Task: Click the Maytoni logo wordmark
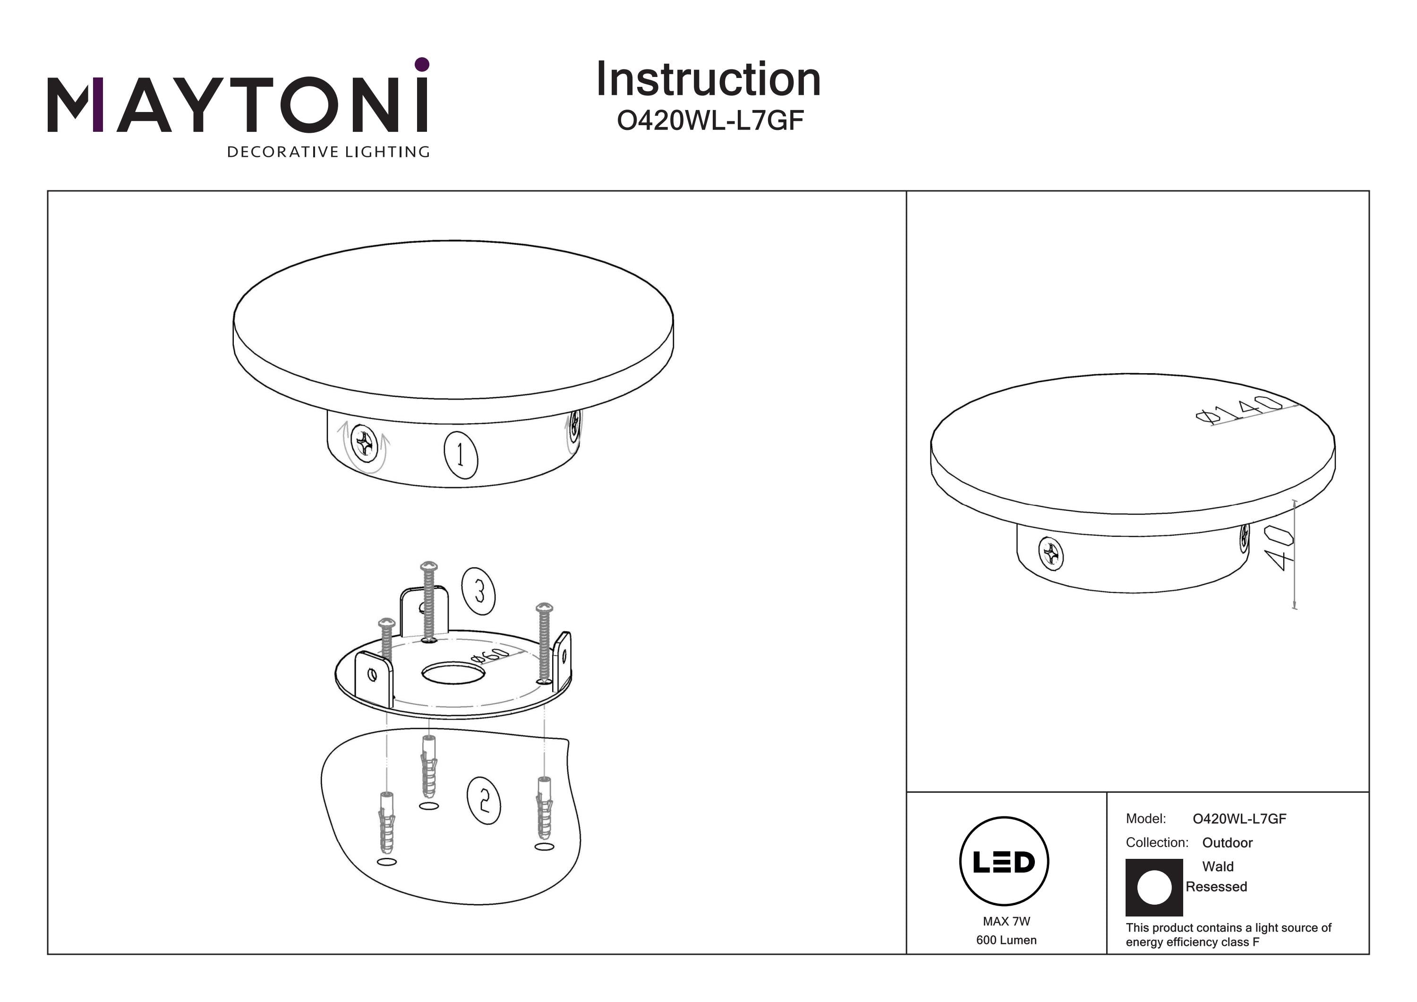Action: (x=238, y=104)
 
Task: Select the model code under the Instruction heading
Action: (x=710, y=121)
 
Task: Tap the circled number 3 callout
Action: (x=479, y=591)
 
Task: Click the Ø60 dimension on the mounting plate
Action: (x=491, y=655)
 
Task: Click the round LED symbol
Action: (x=1004, y=861)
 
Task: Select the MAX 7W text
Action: (x=1007, y=921)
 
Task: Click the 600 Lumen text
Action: (x=1007, y=940)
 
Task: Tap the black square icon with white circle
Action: (x=1154, y=887)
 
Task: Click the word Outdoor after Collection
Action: (x=1228, y=843)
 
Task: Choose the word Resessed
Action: (x=1216, y=887)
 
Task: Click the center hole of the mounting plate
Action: (x=453, y=673)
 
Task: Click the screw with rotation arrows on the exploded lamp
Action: (x=364, y=444)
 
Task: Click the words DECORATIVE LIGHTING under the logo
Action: (x=328, y=152)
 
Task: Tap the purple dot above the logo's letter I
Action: (x=422, y=64)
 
